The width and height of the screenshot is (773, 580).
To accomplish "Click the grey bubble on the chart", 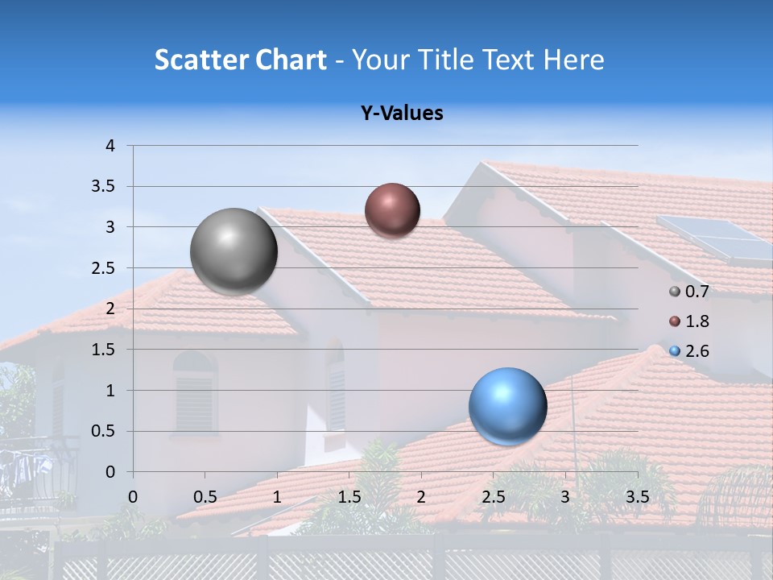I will pyautogui.click(x=234, y=251).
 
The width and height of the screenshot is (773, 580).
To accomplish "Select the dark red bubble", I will pyautogui.click(x=392, y=210).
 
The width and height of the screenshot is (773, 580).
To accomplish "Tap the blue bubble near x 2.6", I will pyautogui.click(x=507, y=406).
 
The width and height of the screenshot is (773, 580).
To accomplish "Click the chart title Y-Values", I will pyautogui.click(x=401, y=114).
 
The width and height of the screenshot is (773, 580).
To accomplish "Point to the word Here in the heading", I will pyautogui.click(x=573, y=60).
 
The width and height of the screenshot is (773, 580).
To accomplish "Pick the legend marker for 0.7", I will pyautogui.click(x=675, y=292).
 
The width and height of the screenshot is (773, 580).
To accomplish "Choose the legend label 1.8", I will pyautogui.click(x=697, y=321).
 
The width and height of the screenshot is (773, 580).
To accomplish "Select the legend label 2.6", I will pyautogui.click(x=697, y=351).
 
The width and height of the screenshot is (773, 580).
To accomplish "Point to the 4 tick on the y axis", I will pyautogui.click(x=111, y=146).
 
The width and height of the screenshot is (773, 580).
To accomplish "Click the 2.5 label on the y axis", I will pyautogui.click(x=104, y=268).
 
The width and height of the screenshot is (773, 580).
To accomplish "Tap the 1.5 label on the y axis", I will pyautogui.click(x=104, y=350).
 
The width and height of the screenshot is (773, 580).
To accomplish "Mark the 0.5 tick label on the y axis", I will pyautogui.click(x=104, y=431).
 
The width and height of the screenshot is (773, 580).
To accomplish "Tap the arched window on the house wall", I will pyautogui.click(x=195, y=391).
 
